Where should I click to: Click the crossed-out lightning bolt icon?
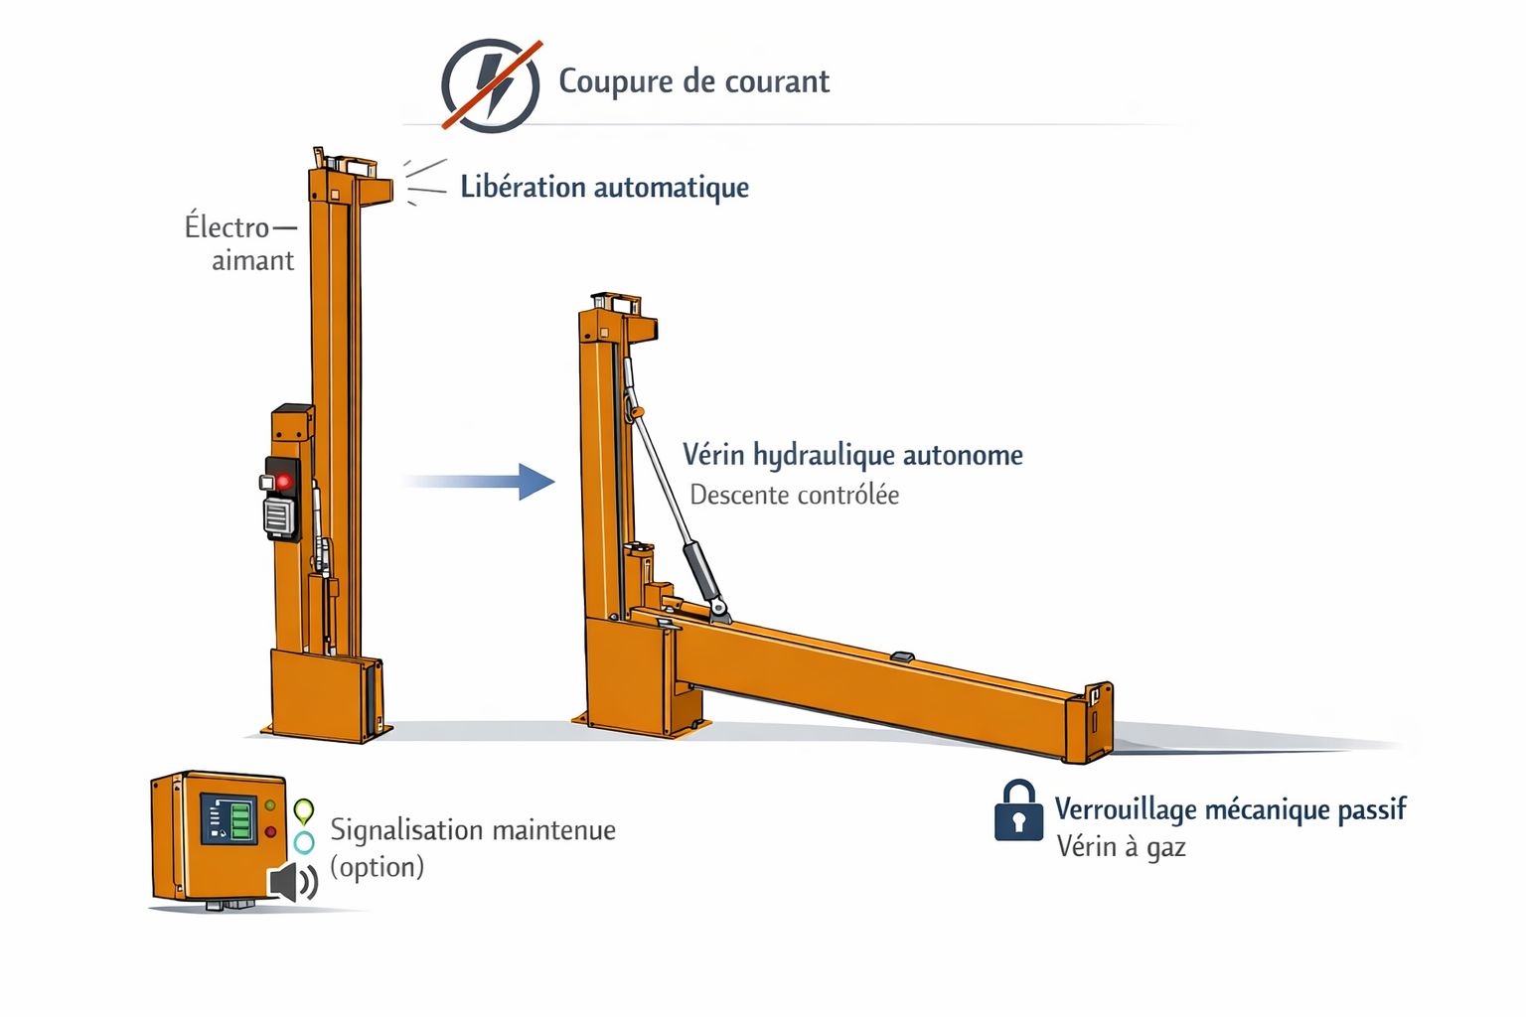pos(491,85)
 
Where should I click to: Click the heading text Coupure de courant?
pos(694,81)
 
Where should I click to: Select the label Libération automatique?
pos(604,188)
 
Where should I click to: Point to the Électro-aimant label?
pos(240,243)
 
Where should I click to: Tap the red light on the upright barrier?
pos(283,482)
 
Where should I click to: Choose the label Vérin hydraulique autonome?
pos(852,455)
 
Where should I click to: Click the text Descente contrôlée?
pos(795,496)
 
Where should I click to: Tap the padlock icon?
pos(1018,809)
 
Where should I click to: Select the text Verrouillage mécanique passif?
pos(1230,809)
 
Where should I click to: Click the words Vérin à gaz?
pos(1122,847)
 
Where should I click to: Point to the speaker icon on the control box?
pos(291,882)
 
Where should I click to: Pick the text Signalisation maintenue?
pos(473,830)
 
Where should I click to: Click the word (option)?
pos(377,867)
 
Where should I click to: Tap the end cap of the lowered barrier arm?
pos(1090,723)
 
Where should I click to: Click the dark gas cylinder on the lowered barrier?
pos(702,572)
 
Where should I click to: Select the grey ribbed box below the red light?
pos(279,516)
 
